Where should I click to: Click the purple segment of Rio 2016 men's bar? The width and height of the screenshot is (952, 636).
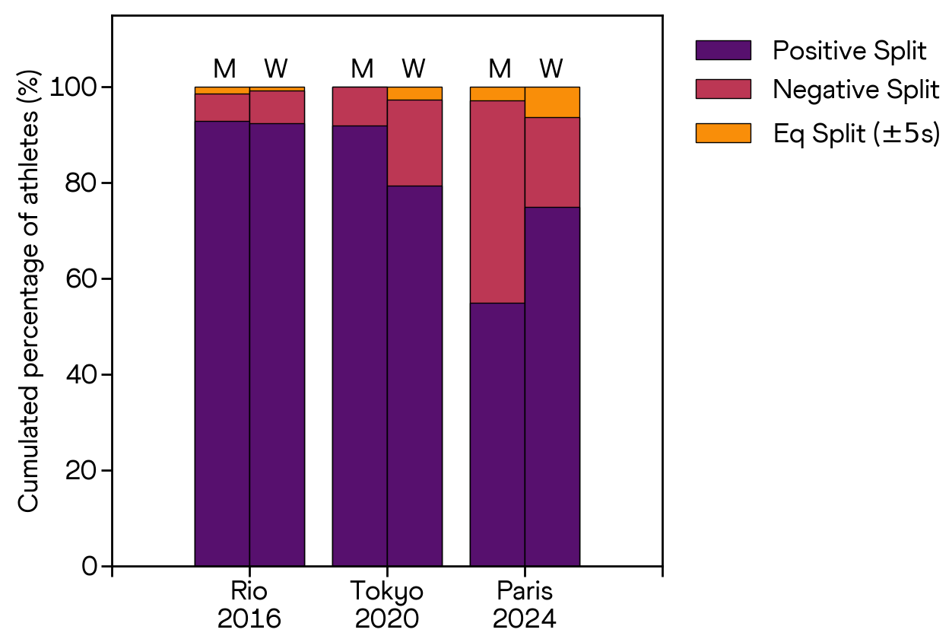coord(222,342)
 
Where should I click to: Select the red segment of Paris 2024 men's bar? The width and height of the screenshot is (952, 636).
coord(497,202)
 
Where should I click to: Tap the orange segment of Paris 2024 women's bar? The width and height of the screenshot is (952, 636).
coord(552,102)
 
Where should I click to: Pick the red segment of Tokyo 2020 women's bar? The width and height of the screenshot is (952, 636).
coord(414,142)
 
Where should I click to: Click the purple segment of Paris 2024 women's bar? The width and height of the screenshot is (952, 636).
coord(552,386)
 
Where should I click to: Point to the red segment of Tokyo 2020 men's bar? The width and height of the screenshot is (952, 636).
coord(360,106)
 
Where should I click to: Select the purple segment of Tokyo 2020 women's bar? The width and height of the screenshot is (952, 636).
coord(414,375)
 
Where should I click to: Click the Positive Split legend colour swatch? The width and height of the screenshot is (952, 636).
coord(722,51)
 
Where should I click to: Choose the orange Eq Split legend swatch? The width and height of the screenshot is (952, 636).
coord(722,133)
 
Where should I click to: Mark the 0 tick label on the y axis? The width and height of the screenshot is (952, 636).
coord(90,567)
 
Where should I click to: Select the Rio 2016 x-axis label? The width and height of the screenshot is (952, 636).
coord(249,605)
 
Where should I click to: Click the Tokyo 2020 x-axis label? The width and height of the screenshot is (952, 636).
coord(387,605)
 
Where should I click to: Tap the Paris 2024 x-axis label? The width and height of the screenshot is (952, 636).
coord(525,605)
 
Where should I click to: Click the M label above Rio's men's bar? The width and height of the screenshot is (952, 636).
coord(224,69)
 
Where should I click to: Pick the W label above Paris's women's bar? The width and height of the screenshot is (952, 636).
coord(551,69)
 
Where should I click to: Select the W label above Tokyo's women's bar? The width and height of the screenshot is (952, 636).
coord(414,69)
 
